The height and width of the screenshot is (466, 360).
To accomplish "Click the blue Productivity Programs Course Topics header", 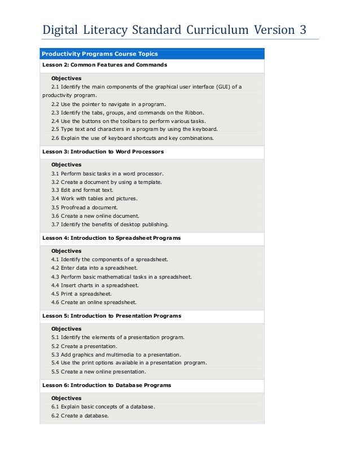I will pyautogui.click(x=99, y=54).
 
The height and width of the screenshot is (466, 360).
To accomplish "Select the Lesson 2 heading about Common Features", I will pyautogui.click(x=104, y=65).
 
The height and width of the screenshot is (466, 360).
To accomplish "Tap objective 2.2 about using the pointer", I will pyautogui.click(x=108, y=104).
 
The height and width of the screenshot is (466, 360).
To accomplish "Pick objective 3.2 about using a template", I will pyautogui.click(x=107, y=182).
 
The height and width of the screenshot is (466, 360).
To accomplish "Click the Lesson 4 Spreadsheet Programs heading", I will pyautogui.click(x=111, y=238).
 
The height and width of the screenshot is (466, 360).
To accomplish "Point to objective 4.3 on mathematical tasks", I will pyautogui.click(x=121, y=277).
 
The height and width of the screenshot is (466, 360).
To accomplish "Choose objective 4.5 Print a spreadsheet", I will pyautogui.click(x=81, y=294).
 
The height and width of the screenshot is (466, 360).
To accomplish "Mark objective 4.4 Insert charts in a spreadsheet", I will pyautogui.click(x=95, y=285).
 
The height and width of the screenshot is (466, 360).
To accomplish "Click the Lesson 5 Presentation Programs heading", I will pyautogui.click(x=112, y=316).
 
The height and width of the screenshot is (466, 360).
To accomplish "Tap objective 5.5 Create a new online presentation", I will pyautogui.click(x=98, y=372).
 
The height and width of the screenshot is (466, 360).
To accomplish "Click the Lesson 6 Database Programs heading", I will pyautogui.click(x=107, y=385).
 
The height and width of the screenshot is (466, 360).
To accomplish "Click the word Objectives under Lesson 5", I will pyautogui.click(x=67, y=329).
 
